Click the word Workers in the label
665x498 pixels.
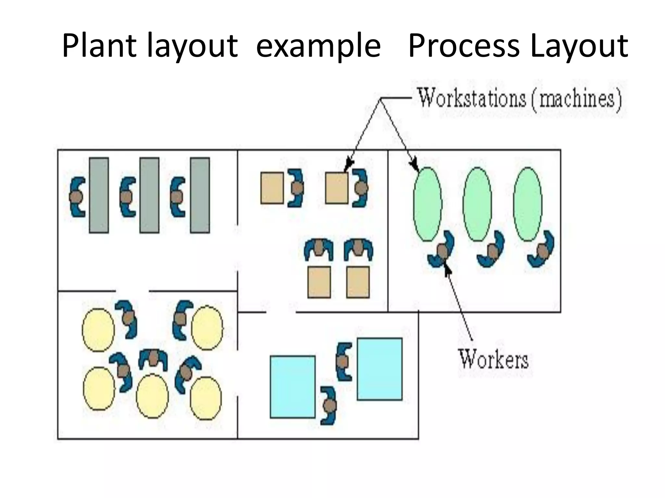pos(493,359)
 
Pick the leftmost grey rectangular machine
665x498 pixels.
pos(99,195)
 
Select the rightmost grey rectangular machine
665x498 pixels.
pos(200,195)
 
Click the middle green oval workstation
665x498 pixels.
pos(477,204)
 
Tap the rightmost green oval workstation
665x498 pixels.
pos(528,204)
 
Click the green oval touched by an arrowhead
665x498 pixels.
pos(427,204)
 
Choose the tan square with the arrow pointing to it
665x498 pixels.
pos(336,188)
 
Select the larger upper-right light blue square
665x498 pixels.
pos(380,369)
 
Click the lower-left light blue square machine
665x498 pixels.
pos(293,387)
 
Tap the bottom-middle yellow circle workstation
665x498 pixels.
pos(152,396)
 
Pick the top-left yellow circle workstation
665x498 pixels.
pos(98,330)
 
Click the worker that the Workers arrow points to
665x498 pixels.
pos(441,250)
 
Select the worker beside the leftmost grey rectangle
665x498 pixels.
pos(77,196)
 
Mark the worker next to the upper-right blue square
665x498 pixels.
pos(344,361)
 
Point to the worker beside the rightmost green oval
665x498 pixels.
pos(542,250)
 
